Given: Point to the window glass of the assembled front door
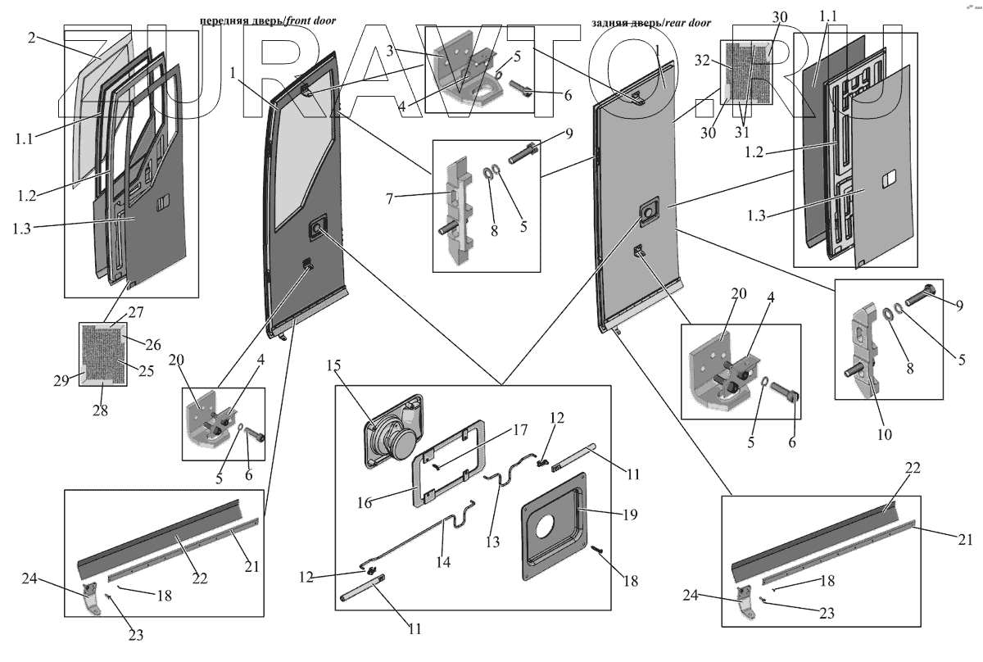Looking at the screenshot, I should click(x=303, y=164).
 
